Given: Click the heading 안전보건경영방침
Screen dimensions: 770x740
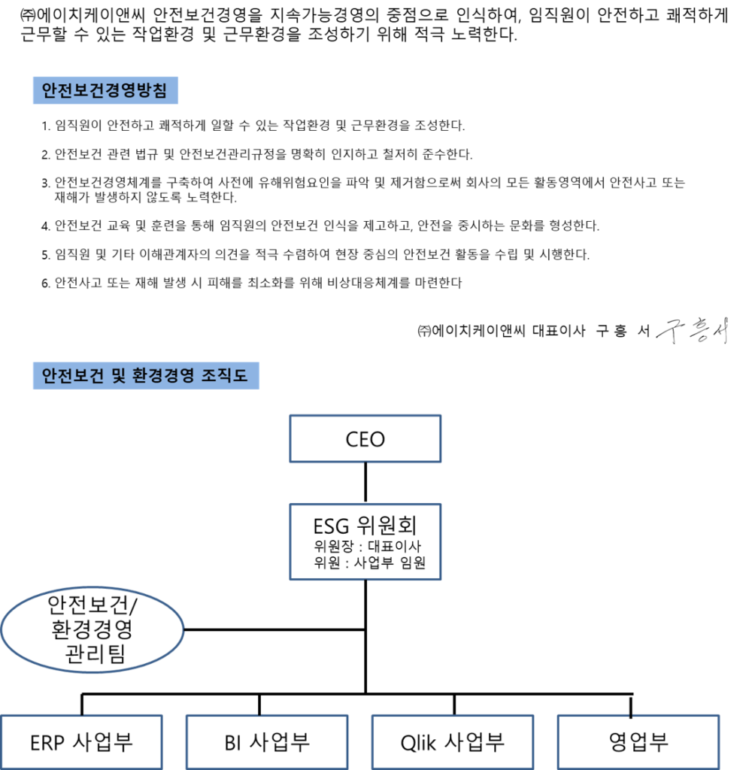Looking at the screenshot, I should click(105, 92).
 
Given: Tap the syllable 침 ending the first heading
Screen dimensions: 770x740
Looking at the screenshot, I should click(169, 92).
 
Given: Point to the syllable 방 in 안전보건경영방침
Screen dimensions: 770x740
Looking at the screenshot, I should click(151, 92).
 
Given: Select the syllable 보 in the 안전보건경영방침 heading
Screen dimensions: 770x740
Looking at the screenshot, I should click(79, 92).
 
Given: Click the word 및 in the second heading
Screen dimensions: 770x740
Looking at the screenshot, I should click(117, 375).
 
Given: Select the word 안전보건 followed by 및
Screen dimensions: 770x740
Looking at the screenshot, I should click(72, 375).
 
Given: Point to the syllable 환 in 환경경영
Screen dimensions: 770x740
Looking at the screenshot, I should click(139, 375).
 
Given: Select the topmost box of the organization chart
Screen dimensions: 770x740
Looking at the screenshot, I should click(365, 438).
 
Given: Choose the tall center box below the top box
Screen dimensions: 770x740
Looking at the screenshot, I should click(365, 541).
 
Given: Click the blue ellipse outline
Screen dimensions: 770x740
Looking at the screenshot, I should click(92, 629).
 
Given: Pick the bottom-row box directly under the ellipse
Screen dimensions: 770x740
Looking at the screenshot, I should click(81, 741).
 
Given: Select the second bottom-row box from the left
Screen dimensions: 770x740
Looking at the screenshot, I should click(267, 741).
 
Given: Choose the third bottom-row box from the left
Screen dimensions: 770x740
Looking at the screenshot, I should click(453, 741).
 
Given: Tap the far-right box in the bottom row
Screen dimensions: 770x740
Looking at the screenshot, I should click(638, 741).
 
